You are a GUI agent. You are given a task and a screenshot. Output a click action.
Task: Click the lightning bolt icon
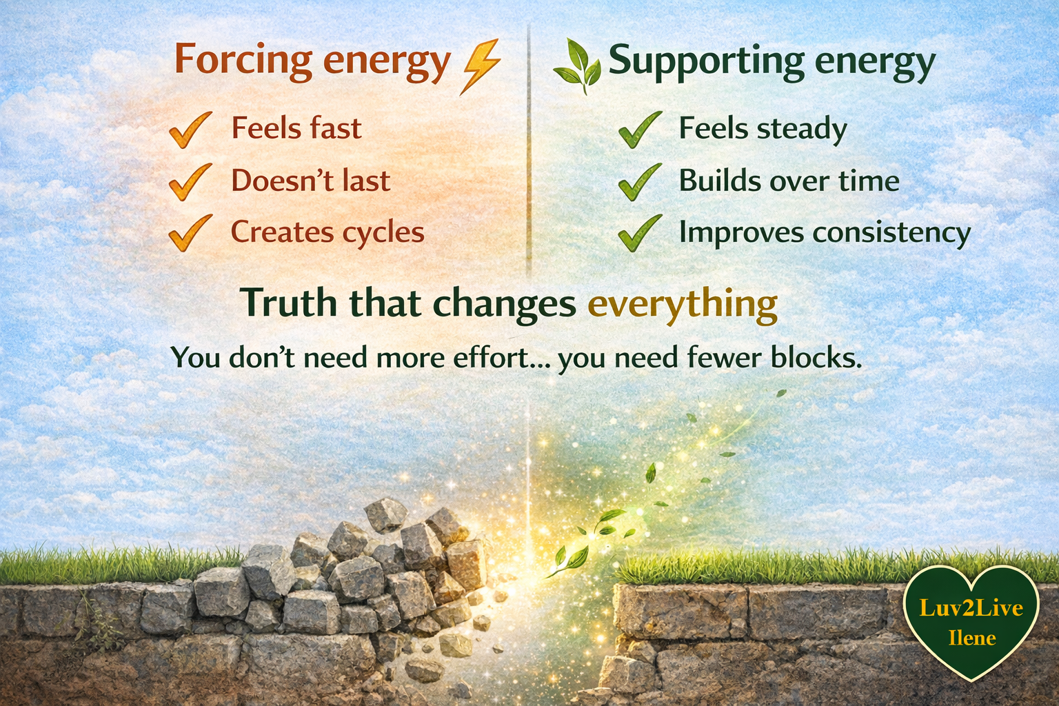[481, 65]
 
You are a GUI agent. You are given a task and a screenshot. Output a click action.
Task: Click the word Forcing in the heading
[243, 60]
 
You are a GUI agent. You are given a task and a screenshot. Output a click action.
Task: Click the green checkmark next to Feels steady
[639, 130]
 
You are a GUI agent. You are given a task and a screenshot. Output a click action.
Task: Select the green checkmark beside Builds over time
[639, 181]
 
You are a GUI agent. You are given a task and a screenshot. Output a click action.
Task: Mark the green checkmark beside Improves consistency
[639, 232]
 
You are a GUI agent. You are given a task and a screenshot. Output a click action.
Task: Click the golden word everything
[683, 304]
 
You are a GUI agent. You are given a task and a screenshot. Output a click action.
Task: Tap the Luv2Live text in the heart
[971, 608]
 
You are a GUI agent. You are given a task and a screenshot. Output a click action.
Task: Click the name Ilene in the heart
[972, 638]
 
